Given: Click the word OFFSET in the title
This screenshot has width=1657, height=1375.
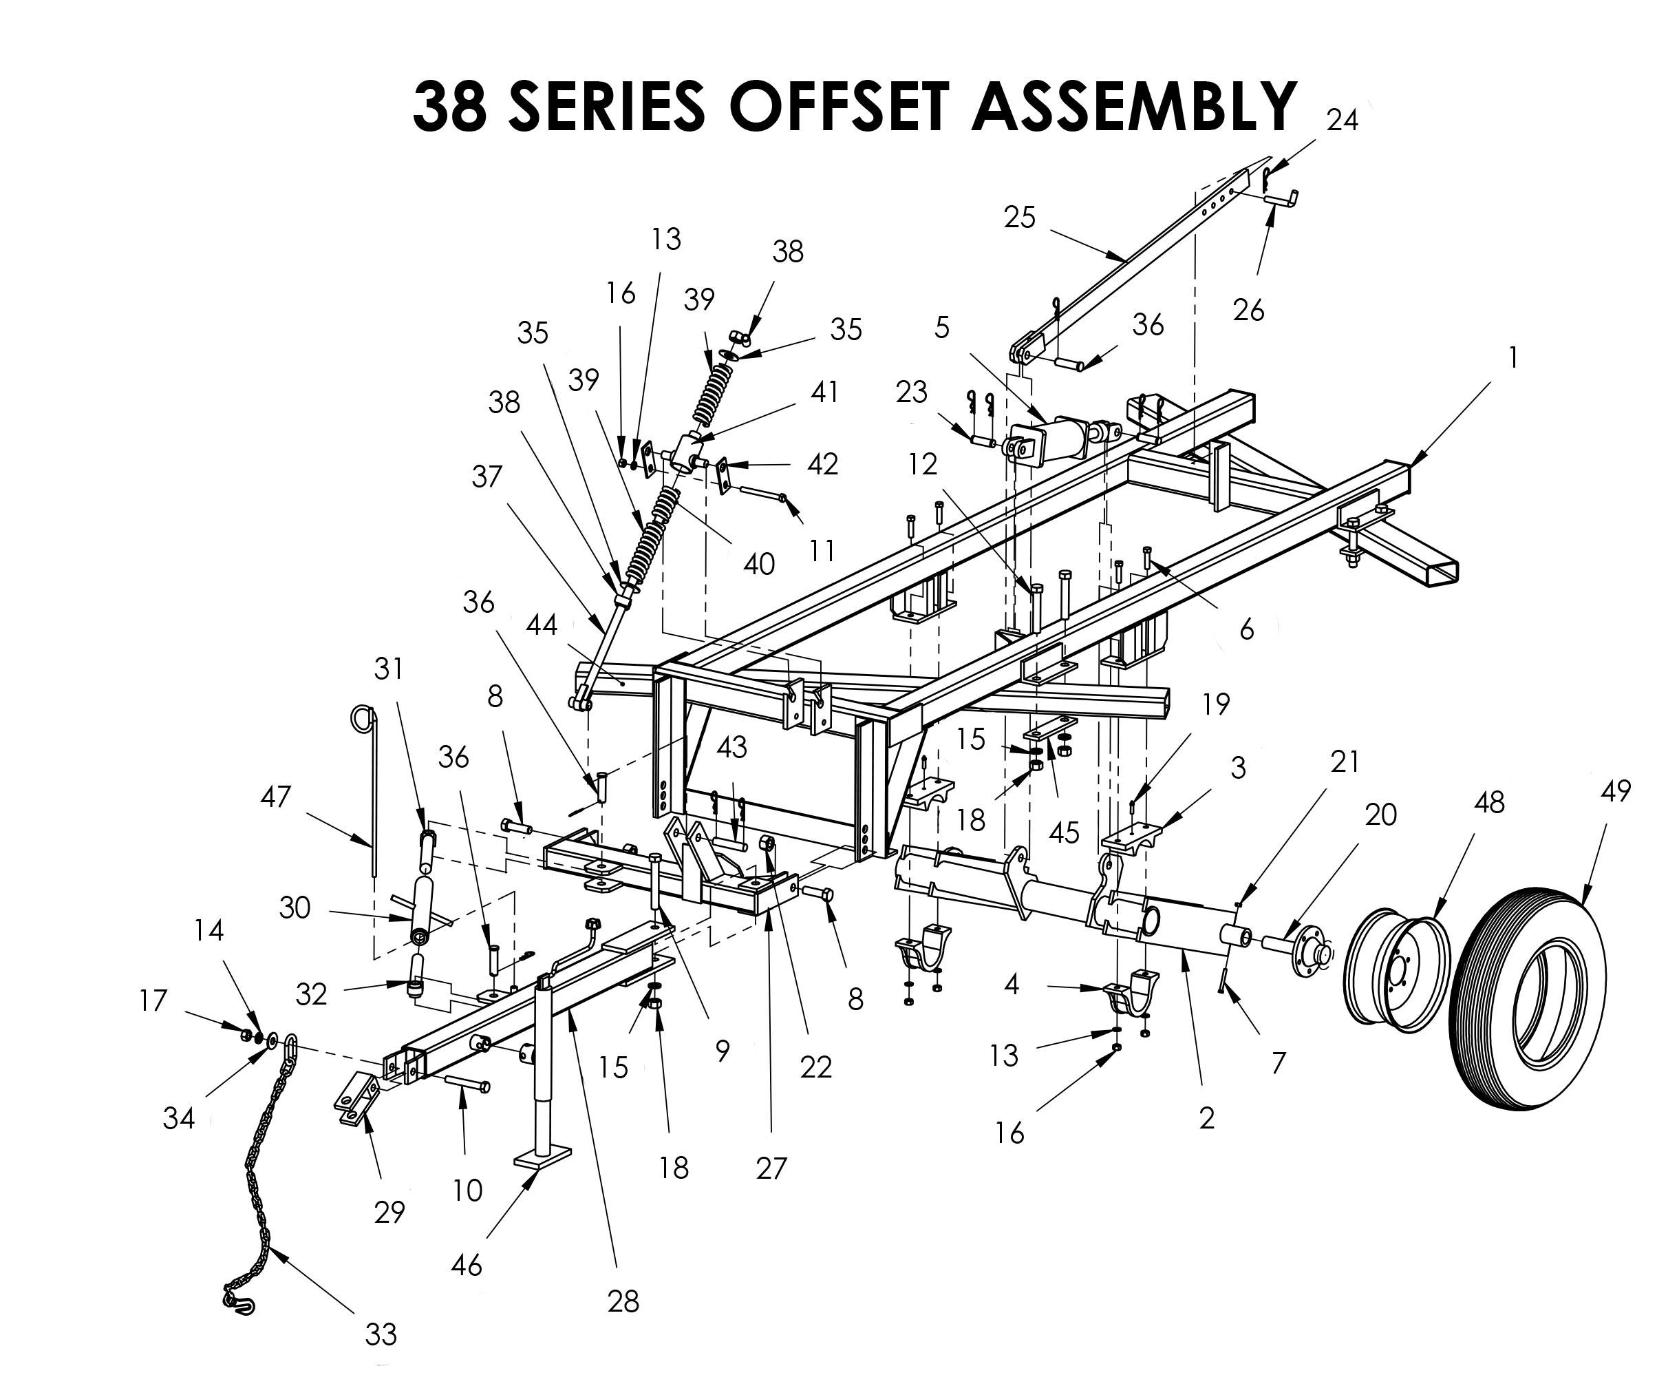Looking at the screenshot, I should (x=838, y=107).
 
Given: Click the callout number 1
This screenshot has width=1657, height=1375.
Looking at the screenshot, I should (x=1512, y=357).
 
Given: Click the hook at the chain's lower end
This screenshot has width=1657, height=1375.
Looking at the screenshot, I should (x=240, y=1303).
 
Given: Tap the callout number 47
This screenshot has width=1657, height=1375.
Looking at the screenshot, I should (x=276, y=797).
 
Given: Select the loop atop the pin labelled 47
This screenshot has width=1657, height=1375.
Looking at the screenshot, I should (x=362, y=718).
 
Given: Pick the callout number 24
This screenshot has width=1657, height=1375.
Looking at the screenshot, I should (x=1342, y=120).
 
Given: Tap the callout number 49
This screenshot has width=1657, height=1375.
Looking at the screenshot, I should (x=1616, y=790).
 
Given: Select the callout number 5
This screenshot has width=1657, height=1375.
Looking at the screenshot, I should (x=942, y=328).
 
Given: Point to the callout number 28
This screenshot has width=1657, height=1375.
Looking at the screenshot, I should (x=623, y=1301).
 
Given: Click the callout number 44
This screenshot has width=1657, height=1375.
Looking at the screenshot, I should (x=542, y=625).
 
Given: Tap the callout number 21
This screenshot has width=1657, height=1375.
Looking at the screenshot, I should (x=1345, y=762).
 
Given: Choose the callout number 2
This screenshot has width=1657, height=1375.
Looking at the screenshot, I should (x=1206, y=1117).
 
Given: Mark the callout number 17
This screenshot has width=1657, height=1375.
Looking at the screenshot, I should (x=154, y=1001).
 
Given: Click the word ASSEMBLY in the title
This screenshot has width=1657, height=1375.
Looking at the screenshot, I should (x=1133, y=107).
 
